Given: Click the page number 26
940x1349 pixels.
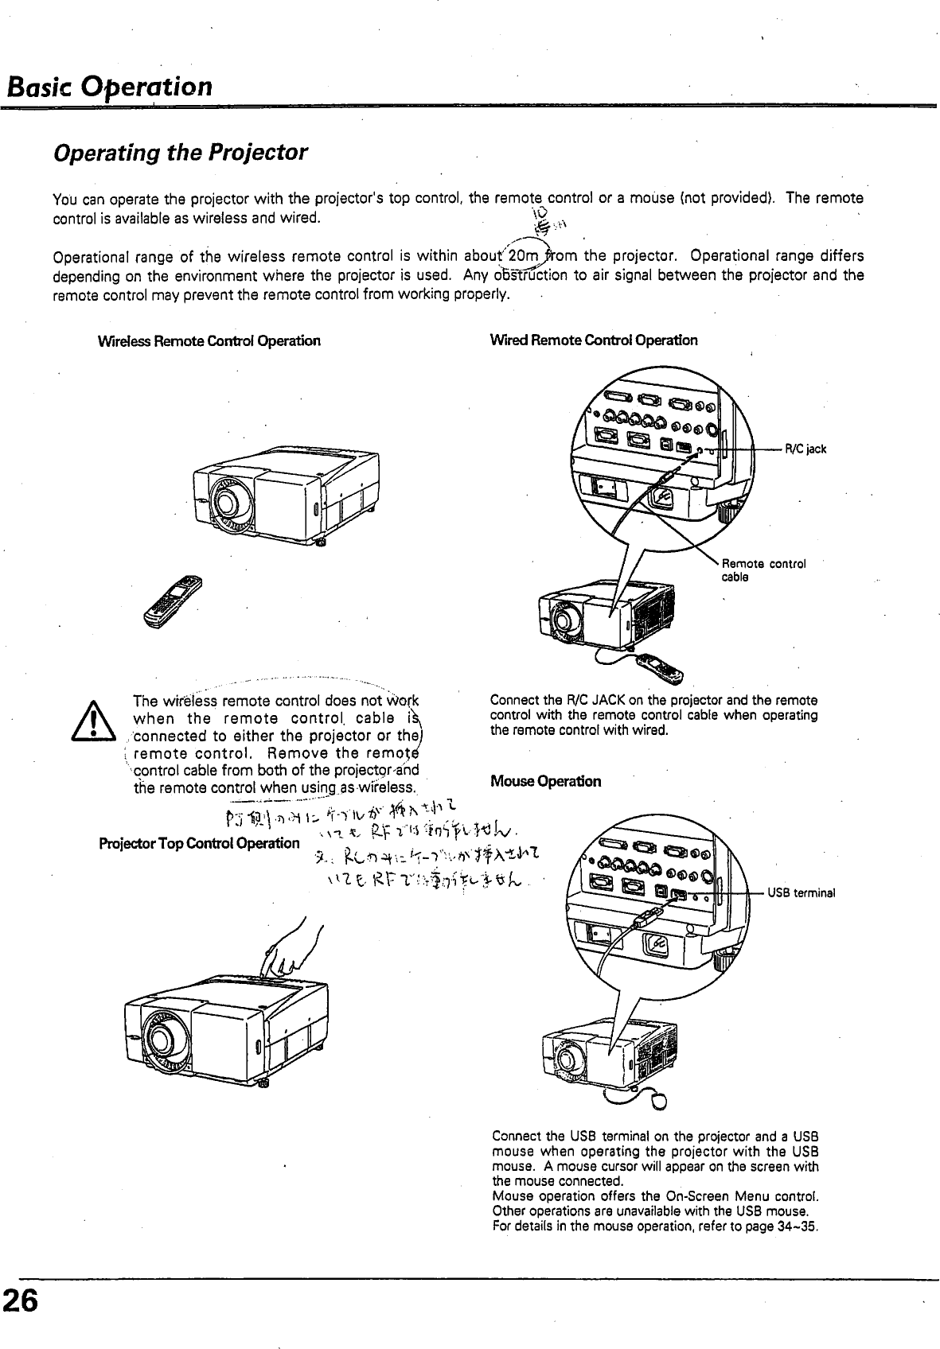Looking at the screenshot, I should tap(20, 1302).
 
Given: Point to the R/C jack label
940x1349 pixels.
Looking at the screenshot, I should tap(805, 449).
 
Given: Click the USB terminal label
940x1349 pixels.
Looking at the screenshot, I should tap(801, 892).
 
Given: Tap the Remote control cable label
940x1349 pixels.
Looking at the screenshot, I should tap(763, 570).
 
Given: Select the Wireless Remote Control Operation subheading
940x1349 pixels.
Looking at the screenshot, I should tap(209, 341).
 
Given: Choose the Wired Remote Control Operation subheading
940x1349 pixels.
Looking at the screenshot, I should tap(594, 340).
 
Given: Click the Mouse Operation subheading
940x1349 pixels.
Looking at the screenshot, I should tap(545, 781).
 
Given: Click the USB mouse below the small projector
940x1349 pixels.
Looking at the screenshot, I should tap(660, 1101).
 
